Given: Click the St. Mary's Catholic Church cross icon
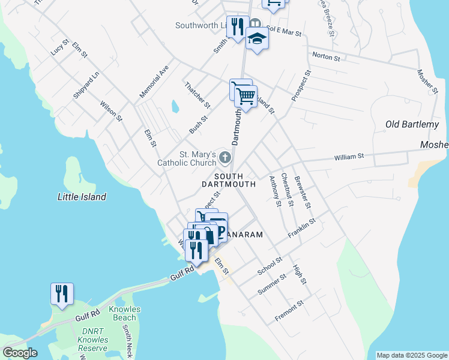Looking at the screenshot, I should click(225, 158).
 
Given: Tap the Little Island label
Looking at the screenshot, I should click(82, 197).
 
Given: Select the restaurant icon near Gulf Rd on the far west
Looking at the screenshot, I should click(62, 294).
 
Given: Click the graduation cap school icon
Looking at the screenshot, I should click(258, 38).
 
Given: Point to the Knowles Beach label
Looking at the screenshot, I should click(125, 314).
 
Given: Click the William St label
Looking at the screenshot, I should click(349, 157).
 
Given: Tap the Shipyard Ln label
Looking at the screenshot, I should click(85, 86).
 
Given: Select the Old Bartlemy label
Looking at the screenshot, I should click(412, 124).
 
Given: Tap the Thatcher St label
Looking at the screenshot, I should click(197, 95).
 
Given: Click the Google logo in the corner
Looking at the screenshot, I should click(20, 353).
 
